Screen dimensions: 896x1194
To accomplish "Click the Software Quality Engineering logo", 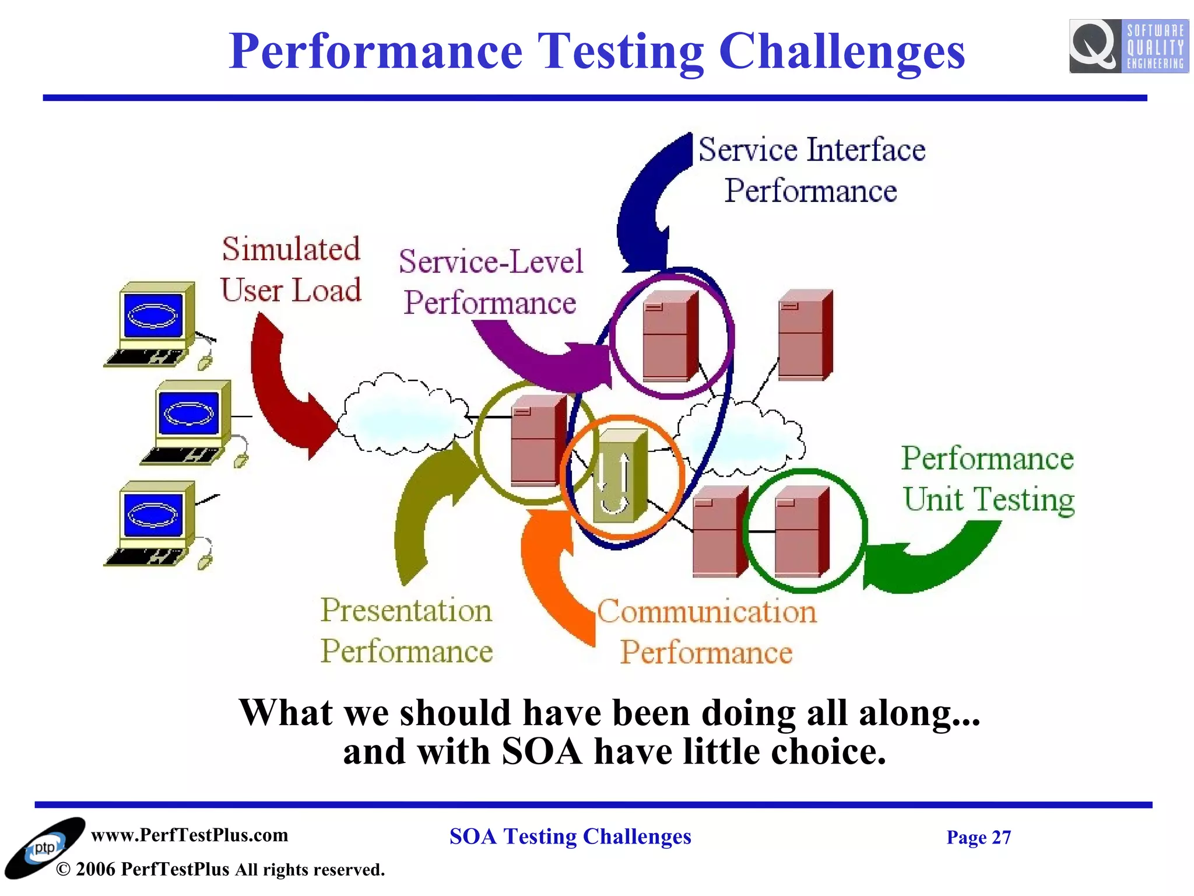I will [x=1128, y=46].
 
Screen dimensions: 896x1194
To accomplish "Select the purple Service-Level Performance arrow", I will [x=542, y=362].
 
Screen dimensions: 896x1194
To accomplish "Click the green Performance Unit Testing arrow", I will [x=933, y=560].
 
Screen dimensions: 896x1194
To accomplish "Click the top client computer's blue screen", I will [x=153, y=316].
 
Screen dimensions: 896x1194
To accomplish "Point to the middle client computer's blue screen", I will [x=188, y=413].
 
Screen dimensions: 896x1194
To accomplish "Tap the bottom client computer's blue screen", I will [x=153, y=514].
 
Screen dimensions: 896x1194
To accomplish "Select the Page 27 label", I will [x=978, y=837].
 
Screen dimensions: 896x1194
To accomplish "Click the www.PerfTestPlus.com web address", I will [x=189, y=835].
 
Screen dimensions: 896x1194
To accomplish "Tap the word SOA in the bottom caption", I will [x=541, y=751].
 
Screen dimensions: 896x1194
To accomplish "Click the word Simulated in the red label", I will [x=291, y=249].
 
